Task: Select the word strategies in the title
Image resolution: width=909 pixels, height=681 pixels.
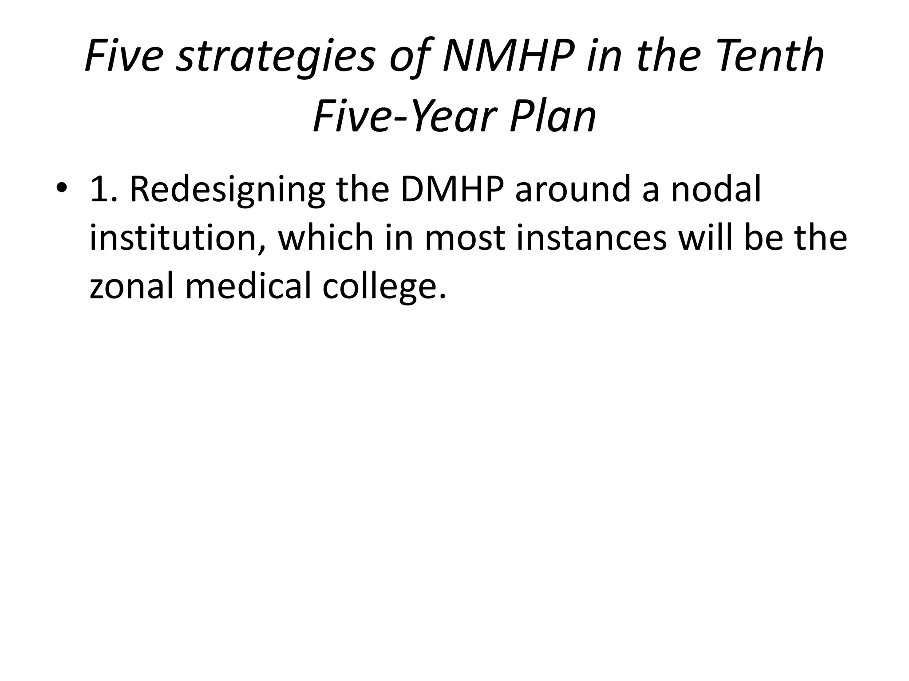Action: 275,57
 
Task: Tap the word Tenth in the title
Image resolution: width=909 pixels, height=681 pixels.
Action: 770,57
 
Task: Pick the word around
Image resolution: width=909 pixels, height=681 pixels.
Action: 573,189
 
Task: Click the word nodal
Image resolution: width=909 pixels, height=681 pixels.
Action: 716,189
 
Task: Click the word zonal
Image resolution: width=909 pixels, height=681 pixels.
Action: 131,286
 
